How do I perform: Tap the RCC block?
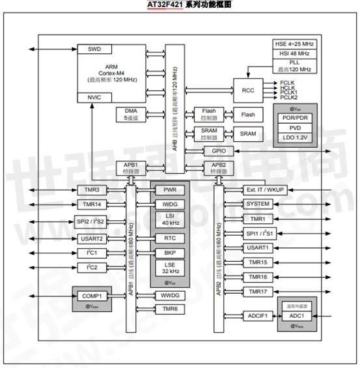tap(247, 91)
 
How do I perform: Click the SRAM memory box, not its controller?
tap(248, 133)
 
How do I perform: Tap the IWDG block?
tap(170, 204)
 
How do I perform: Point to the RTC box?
tap(170, 238)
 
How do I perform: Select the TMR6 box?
tap(170, 308)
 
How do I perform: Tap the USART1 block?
tap(258, 248)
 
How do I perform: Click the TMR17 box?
tap(258, 291)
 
